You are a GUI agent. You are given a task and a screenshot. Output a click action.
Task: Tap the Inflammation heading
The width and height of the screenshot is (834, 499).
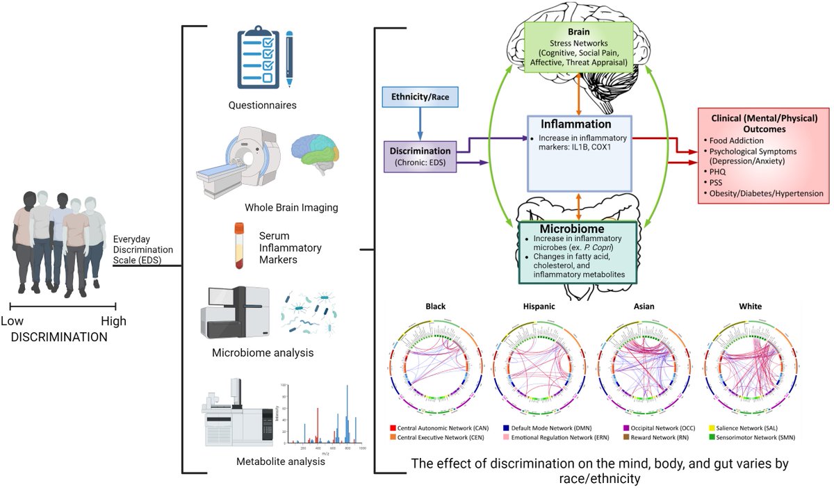(x=578, y=124)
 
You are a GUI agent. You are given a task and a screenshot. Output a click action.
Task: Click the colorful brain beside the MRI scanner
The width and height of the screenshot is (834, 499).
(x=316, y=152)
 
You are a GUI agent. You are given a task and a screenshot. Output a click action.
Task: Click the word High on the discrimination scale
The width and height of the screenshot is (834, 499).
(x=113, y=321)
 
